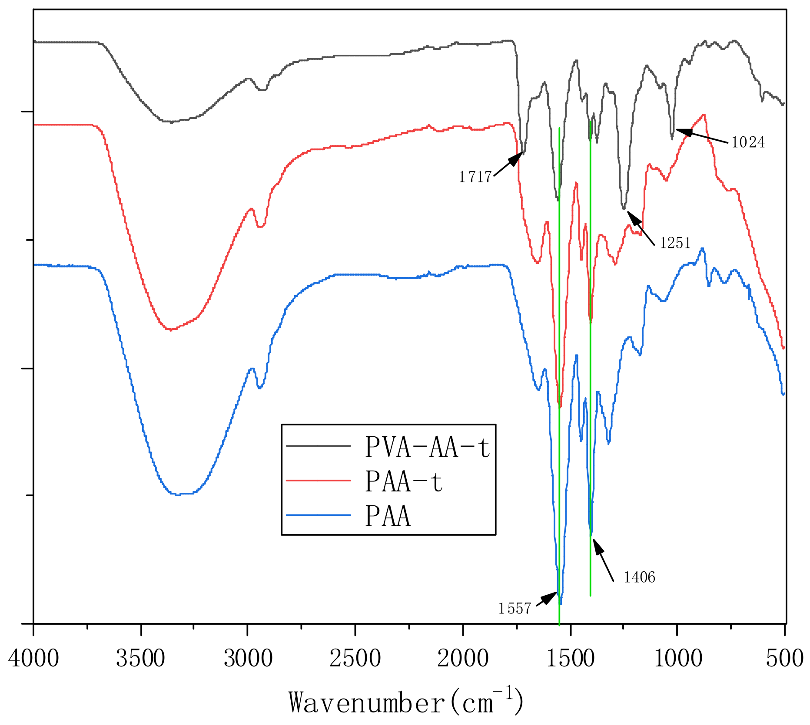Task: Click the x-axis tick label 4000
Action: pyautogui.click(x=34, y=659)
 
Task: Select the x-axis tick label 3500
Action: pyautogui.click(x=141, y=659)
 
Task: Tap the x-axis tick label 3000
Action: pyautogui.click(x=248, y=659)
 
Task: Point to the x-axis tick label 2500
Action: pyautogui.click(x=355, y=659)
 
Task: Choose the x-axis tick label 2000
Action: pyautogui.click(x=463, y=659)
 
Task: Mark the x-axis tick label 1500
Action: pyautogui.click(x=570, y=659)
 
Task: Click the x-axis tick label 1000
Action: pyautogui.click(x=678, y=659)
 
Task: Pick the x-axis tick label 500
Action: pyautogui.click(x=784, y=659)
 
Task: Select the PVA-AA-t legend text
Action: pyautogui.click(x=428, y=447)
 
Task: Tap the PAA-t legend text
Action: pyautogui.click(x=404, y=481)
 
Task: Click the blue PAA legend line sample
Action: pyautogui.click(x=319, y=515)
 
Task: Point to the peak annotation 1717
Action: pyautogui.click(x=475, y=177)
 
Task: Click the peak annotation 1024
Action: pyautogui.click(x=748, y=142)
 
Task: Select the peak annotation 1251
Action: pyautogui.click(x=675, y=243)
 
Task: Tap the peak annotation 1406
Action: pyautogui.click(x=639, y=577)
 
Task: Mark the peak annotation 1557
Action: pyautogui.click(x=515, y=609)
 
